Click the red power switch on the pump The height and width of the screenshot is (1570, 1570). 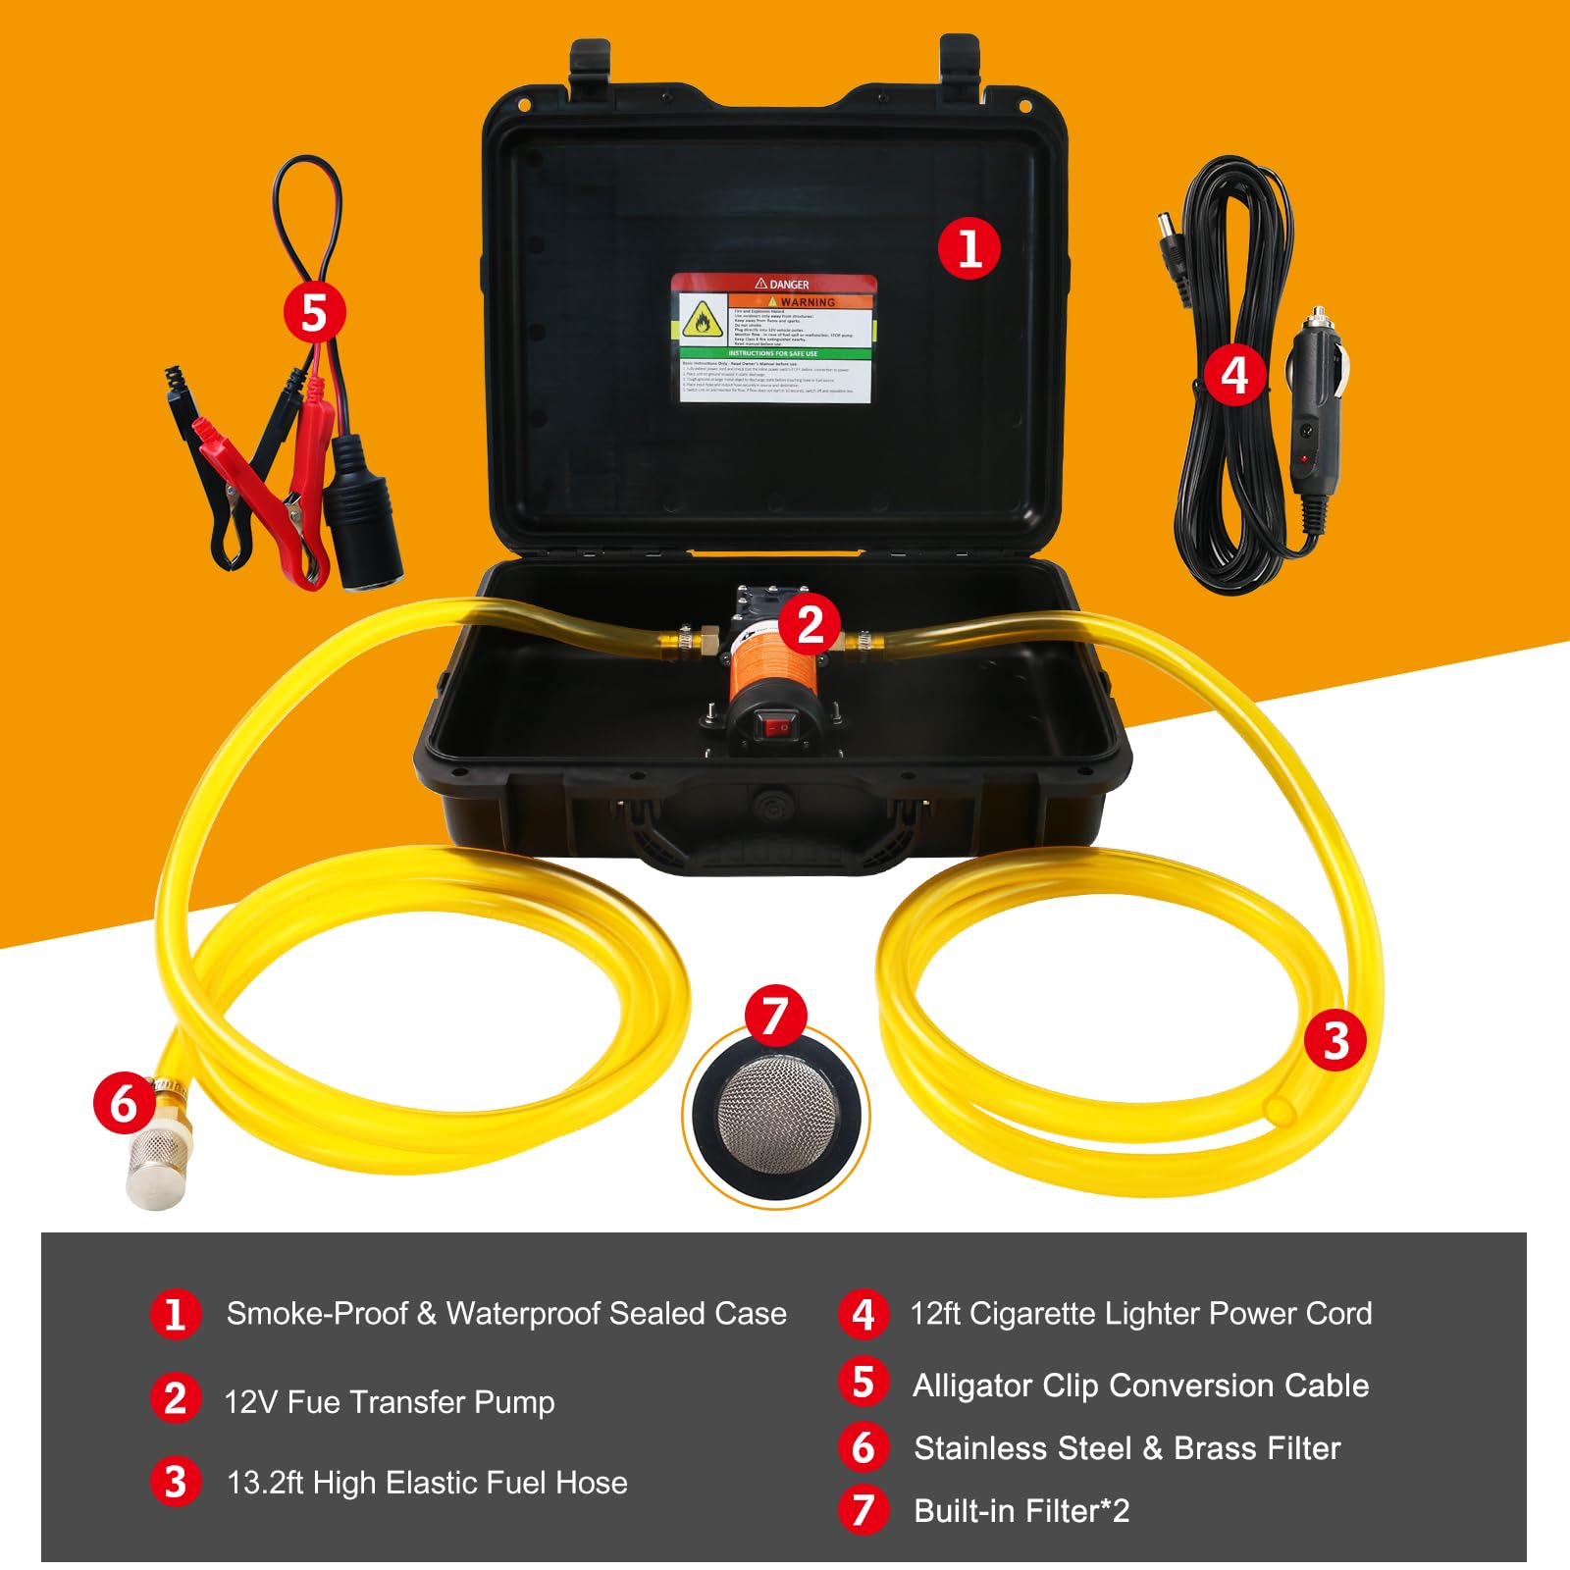click(780, 727)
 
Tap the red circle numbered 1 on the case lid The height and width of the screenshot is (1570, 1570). click(968, 248)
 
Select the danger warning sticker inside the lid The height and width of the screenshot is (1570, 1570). click(773, 339)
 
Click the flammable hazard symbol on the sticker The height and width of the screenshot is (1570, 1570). click(702, 320)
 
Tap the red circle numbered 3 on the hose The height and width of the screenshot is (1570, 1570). click(1335, 1041)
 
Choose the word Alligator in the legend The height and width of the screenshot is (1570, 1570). click(972, 1385)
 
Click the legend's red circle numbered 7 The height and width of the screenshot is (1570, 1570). click(863, 1510)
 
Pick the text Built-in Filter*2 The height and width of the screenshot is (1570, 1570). click(1020, 1510)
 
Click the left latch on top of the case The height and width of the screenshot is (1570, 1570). click(590, 69)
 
